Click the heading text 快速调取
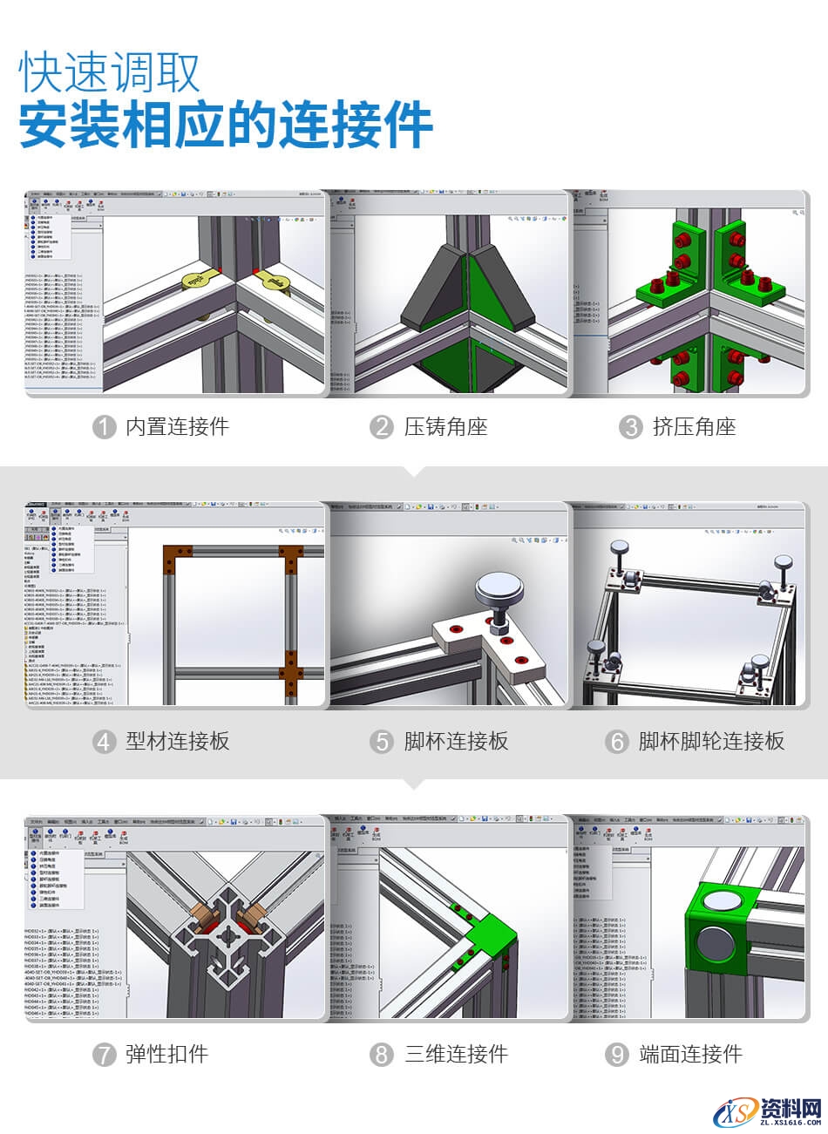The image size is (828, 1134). [111, 71]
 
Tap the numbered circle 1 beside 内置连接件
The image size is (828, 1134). [105, 427]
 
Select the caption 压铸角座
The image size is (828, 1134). [445, 427]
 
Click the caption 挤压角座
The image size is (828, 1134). [694, 427]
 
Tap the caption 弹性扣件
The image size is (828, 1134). [166, 1055]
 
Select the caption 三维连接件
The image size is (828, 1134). [455, 1055]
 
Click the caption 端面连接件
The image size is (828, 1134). [689, 1055]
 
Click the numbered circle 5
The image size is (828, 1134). [381, 743]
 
